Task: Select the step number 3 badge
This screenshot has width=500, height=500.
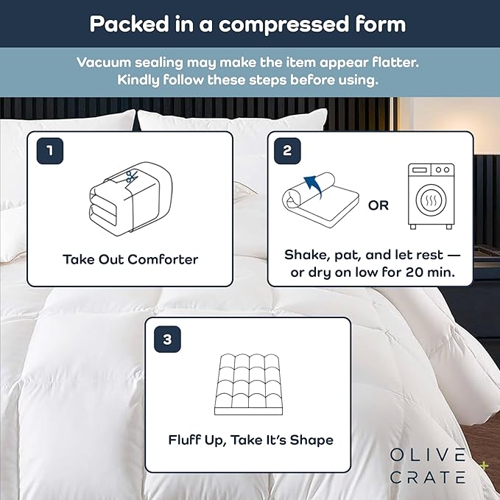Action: point(167,339)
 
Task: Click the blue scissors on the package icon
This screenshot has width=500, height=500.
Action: point(132,177)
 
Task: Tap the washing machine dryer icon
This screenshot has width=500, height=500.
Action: point(431,196)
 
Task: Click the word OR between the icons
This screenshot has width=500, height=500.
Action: point(378,205)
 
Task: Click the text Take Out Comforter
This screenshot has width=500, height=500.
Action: point(130,259)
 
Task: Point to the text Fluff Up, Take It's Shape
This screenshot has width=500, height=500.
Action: point(250,440)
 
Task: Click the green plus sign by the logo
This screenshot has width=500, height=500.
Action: point(484,465)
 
